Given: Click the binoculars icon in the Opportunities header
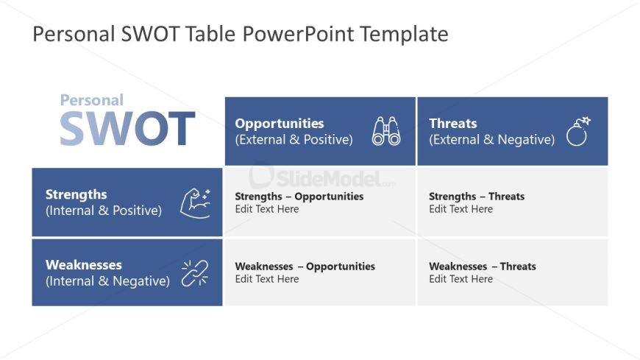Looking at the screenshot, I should (x=386, y=131).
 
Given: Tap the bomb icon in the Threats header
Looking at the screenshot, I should (x=578, y=131).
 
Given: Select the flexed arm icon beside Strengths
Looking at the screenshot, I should (x=195, y=202).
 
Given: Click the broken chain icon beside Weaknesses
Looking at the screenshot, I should (x=195, y=272).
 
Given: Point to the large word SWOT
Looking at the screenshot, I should (x=127, y=129).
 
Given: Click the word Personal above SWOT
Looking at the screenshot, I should (x=91, y=100).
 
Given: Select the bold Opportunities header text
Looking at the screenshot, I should (x=279, y=124).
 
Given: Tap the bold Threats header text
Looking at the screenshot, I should (x=452, y=124).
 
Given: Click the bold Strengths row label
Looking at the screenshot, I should (x=76, y=194).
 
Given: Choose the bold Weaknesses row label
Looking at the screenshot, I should (x=83, y=264).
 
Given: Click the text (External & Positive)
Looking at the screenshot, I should (x=294, y=139).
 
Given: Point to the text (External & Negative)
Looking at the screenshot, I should (x=491, y=139).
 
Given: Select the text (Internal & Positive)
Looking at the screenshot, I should (x=103, y=211).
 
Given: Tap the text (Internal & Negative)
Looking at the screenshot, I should (x=107, y=280).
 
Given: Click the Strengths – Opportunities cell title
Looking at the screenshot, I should (x=299, y=197).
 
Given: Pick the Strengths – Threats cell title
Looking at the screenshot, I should (x=477, y=197).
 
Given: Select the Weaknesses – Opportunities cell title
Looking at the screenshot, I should (x=305, y=267).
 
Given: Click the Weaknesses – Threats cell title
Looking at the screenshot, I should (x=483, y=267).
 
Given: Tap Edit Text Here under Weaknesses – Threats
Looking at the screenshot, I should (x=461, y=279).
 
